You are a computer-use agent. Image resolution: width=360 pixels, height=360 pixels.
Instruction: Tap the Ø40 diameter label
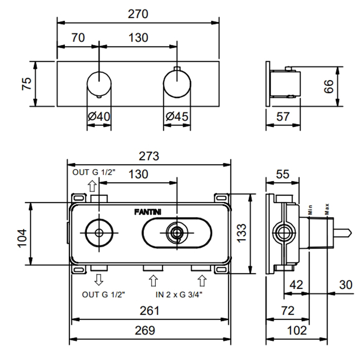point(99,117)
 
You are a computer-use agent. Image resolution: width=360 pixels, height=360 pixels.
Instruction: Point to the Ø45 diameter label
point(177,117)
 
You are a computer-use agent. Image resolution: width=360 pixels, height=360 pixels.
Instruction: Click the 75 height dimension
point(27,84)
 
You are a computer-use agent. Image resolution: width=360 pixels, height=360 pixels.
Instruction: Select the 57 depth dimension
point(282,117)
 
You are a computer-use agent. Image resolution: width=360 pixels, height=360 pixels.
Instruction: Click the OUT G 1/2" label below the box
point(103,294)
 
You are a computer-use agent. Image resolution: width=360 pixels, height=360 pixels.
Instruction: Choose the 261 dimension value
point(150,311)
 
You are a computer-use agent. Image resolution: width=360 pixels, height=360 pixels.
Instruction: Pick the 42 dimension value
point(296,284)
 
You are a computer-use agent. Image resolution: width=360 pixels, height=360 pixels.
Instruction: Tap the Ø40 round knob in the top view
point(99,84)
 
